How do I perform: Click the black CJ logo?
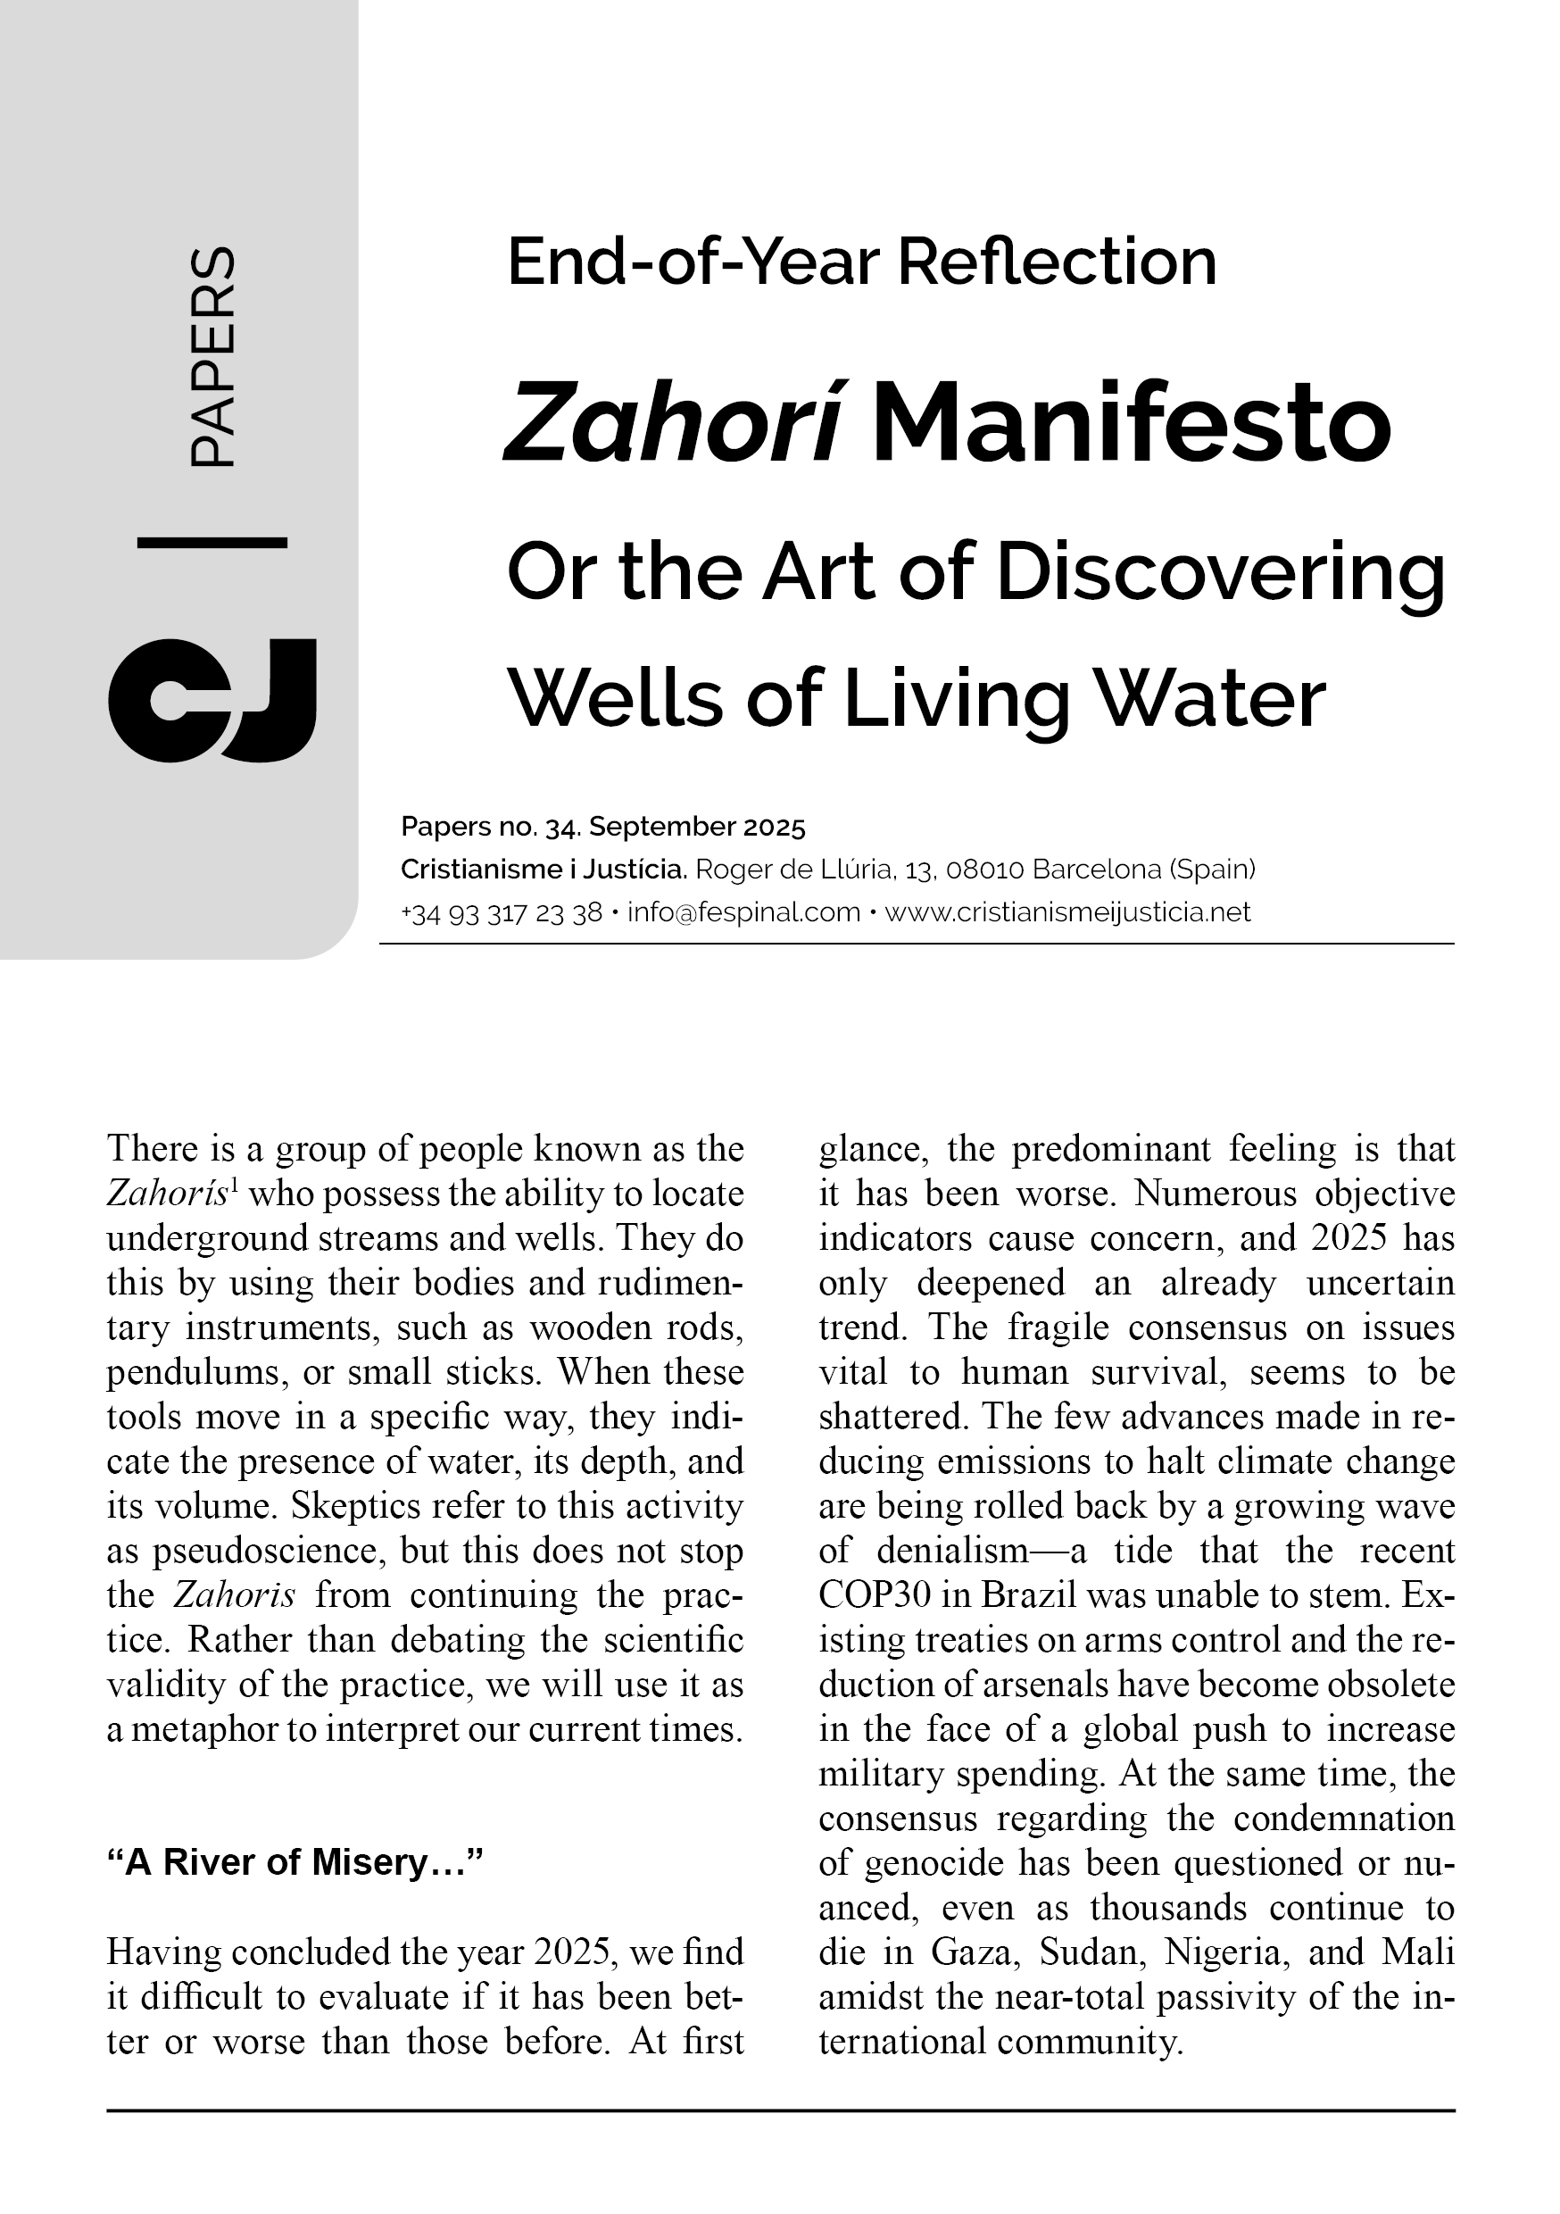[x=212, y=699]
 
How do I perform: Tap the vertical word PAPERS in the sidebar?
[x=212, y=358]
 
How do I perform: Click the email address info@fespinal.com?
[x=743, y=911]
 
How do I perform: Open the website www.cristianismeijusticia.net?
[x=1067, y=911]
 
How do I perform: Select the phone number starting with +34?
[x=502, y=911]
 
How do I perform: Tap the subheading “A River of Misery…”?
[x=295, y=1862]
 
